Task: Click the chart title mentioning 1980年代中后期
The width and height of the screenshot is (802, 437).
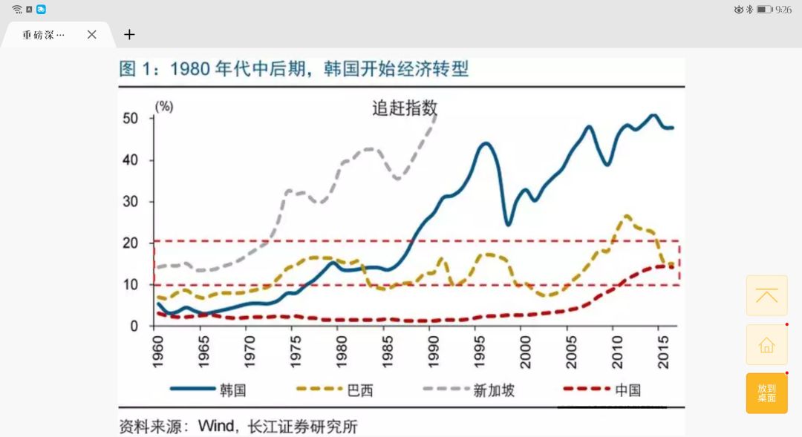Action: click(x=294, y=69)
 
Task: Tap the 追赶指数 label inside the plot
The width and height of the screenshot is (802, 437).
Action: click(x=405, y=108)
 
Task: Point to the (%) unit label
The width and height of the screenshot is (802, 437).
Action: click(x=163, y=106)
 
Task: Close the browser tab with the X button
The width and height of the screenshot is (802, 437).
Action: click(x=91, y=34)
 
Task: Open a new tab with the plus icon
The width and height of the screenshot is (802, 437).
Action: click(x=129, y=34)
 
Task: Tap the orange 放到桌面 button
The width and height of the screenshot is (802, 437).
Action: click(x=766, y=393)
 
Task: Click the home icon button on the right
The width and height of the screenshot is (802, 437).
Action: click(x=766, y=345)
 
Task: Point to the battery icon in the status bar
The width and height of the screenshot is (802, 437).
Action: click(x=764, y=9)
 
